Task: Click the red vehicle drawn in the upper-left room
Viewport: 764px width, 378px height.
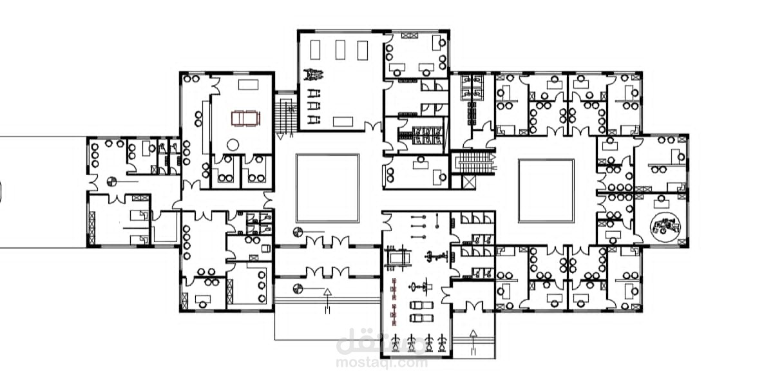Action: [245, 118]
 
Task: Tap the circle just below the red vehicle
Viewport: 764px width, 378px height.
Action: [233, 145]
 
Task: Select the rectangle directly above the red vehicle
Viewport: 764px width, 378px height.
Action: [248, 85]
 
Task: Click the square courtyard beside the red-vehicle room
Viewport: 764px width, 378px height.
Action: [327, 188]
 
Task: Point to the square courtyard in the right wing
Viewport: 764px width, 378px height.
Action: [546, 191]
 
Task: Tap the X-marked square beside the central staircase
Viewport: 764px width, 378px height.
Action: [469, 182]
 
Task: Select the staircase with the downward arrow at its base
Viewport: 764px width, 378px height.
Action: [286, 114]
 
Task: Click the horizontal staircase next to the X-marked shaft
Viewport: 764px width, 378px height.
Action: [474, 163]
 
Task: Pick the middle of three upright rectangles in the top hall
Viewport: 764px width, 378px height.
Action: [340, 50]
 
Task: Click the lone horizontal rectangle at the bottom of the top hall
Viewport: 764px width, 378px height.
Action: [343, 121]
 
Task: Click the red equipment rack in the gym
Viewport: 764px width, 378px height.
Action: [394, 301]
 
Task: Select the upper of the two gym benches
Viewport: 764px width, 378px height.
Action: [421, 305]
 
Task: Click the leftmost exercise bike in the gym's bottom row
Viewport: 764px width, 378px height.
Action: [396, 343]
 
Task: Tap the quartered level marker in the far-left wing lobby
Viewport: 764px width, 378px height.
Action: [111, 182]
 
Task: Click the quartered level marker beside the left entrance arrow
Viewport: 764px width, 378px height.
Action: [298, 289]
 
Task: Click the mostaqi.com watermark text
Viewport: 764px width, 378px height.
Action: [381, 363]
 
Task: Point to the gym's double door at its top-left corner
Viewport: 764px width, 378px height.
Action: [387, 222]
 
